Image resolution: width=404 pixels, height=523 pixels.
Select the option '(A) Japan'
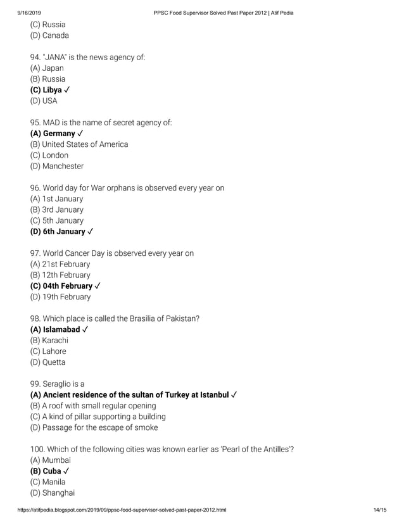click(x=47, y=68)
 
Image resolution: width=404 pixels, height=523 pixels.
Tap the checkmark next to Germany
click(x=80, y=134)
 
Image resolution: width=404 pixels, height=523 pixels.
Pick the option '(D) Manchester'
click(x=56, y=166)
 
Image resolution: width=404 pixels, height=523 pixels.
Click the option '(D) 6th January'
click(x=58, y=232)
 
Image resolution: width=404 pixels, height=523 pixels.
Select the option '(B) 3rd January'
click(x=56, y=210)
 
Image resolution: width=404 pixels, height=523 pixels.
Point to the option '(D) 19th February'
click(x=60, y=297)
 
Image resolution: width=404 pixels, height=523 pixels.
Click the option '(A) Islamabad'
click(x=55, y=330)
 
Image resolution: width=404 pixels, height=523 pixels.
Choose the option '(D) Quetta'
click(x=47, y=362)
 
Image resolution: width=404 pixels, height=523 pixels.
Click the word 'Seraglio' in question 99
click(x=60, y=384)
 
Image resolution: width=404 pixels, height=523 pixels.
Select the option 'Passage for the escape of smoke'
click(x=94, y=427)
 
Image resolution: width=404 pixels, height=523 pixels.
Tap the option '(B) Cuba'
click(x=46, y=471)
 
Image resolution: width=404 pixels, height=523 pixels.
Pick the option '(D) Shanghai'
click(x=52, y=493)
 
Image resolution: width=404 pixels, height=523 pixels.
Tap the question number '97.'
click(x=35, y=253)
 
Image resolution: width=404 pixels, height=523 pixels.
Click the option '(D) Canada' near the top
click(x=49, y=35)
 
